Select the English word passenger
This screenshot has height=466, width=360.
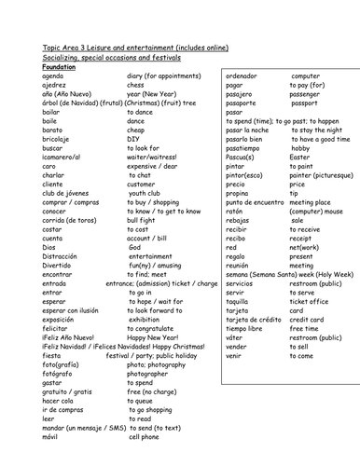[305, 95]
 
